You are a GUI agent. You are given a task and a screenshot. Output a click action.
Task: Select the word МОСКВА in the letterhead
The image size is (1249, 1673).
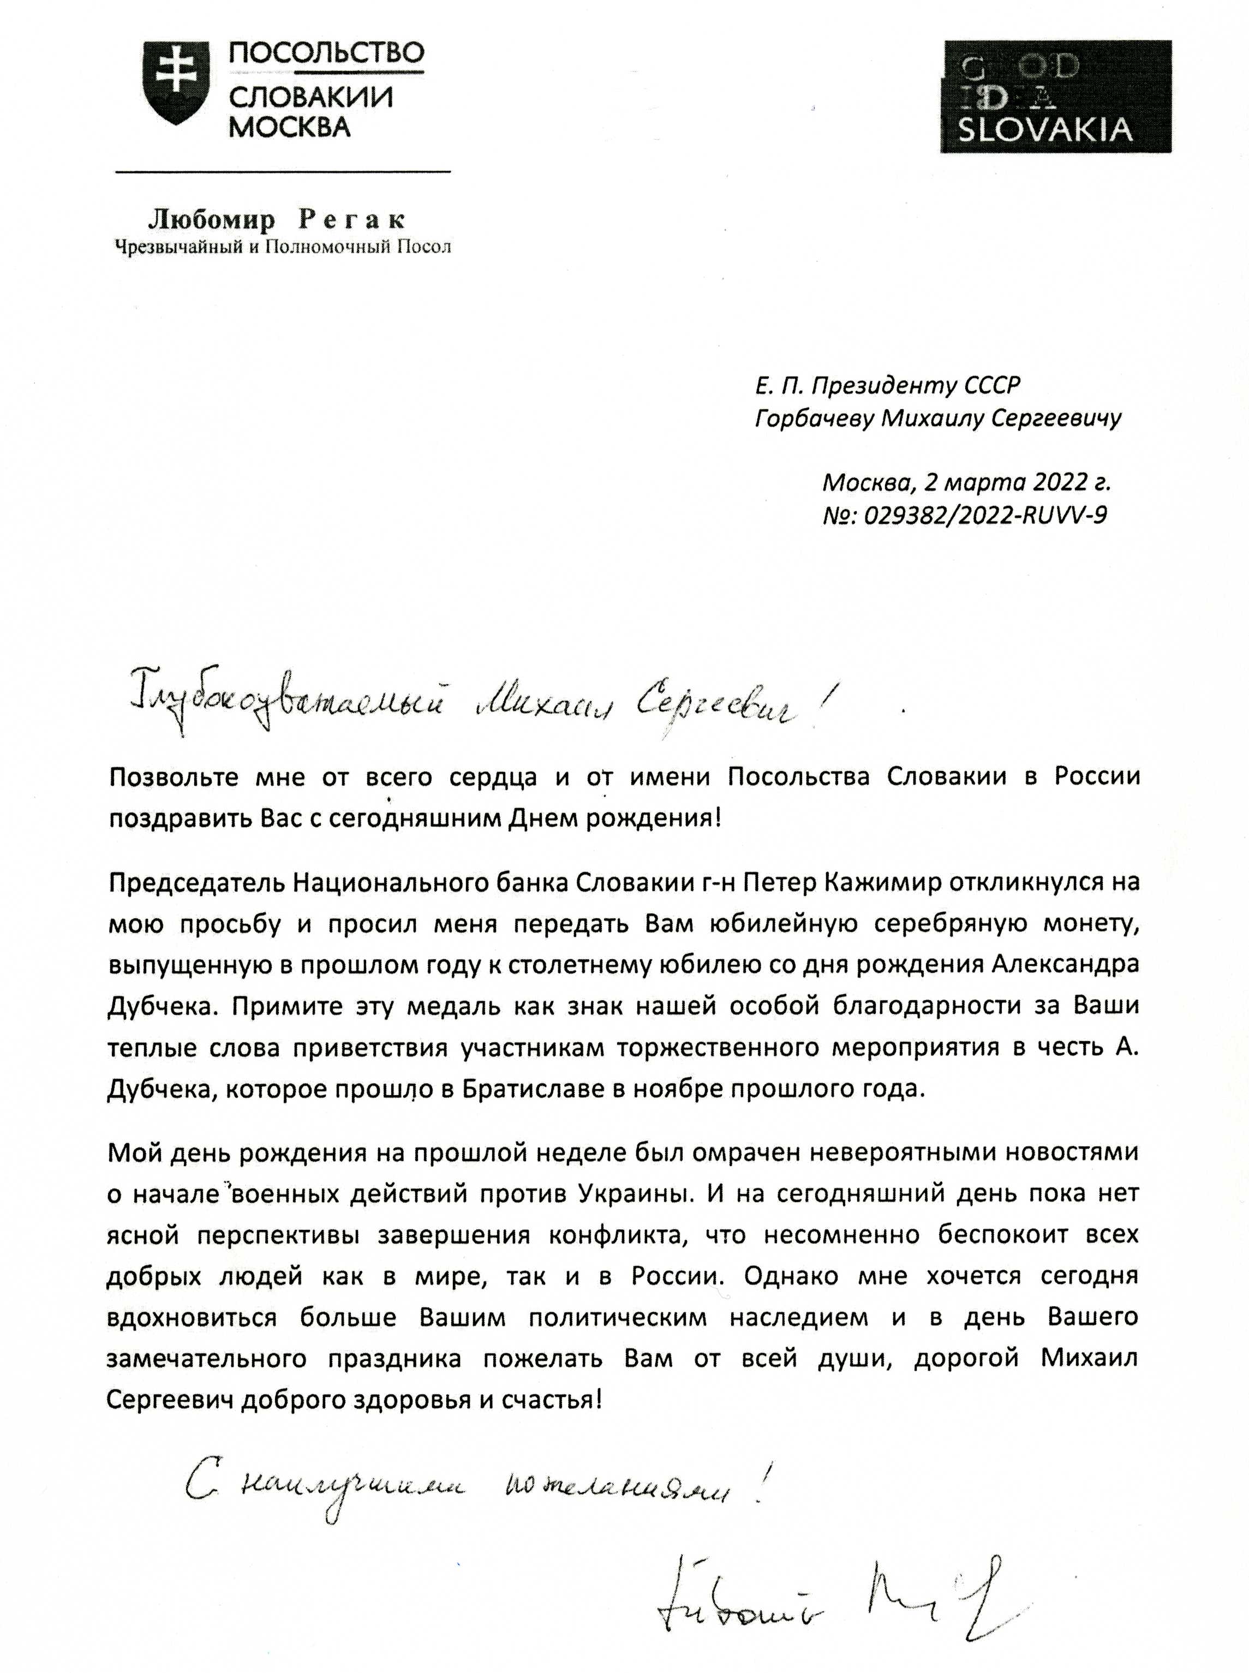click(290, 126)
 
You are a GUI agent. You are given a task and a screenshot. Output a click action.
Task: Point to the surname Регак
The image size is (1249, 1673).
click(353, 220)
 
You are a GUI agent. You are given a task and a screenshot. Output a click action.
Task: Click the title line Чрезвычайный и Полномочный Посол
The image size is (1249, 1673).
click(282, 247)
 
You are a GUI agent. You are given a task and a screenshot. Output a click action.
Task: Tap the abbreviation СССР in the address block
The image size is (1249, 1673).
click(992, 386)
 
